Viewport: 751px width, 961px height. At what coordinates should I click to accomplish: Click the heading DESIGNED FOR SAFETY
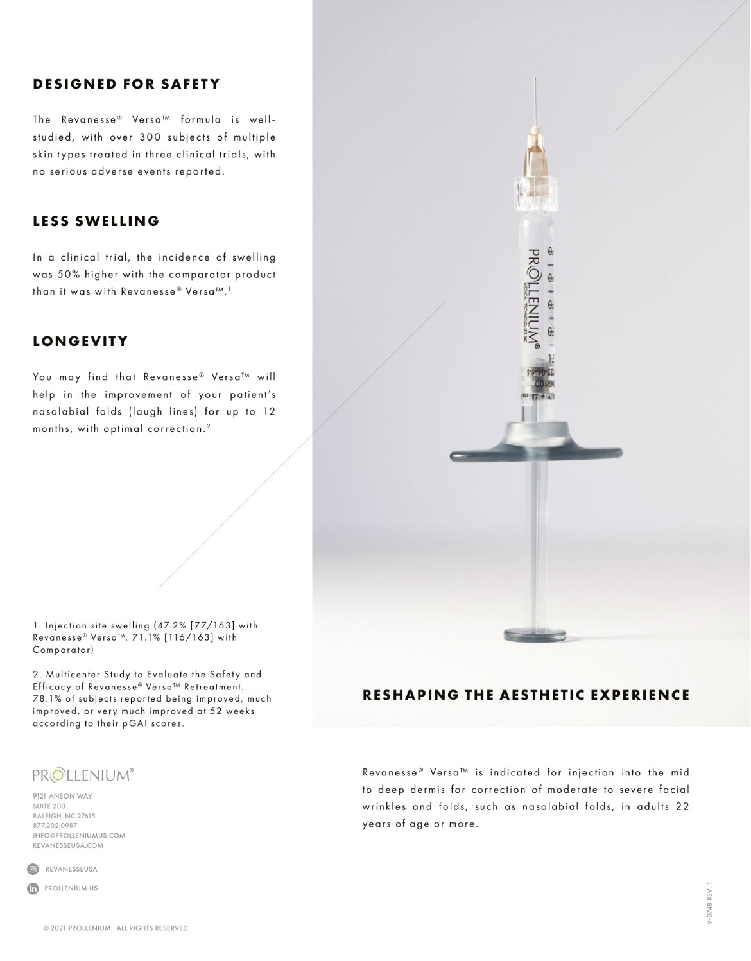tap(126, 84)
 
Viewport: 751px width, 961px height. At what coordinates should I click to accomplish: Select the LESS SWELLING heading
tap(96, 221)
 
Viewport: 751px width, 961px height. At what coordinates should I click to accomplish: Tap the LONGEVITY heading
tap(81, 342)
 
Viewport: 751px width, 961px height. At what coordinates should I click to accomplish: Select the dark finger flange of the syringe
tap(536, 450)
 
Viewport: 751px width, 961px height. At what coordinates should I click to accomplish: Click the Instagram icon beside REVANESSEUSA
tap(33, 869)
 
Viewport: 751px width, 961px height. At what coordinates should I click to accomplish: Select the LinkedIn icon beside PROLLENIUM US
tap(33, 888)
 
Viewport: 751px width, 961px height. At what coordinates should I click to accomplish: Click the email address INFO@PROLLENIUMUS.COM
tap(79, 836)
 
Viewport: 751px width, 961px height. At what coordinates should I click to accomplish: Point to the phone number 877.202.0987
tap(55, 826)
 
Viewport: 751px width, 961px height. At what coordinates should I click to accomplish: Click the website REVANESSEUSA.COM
tap(68, 845)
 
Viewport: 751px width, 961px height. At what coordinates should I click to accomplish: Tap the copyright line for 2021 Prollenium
tap(116, 928)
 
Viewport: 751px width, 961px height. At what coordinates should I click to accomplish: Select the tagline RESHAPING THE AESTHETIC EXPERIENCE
tap(526, 695)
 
